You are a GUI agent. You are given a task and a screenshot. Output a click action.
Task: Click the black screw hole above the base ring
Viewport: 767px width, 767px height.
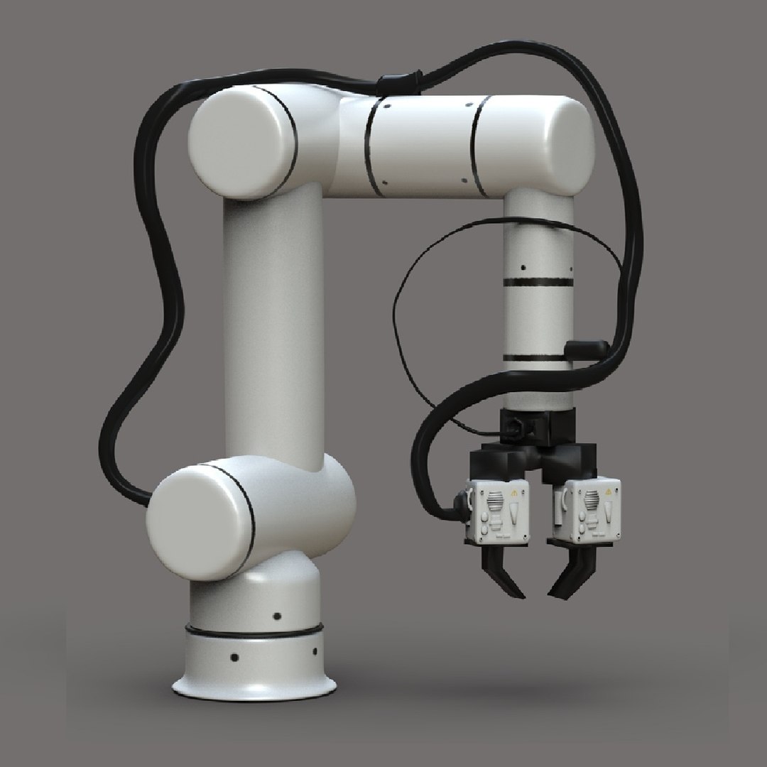[x=277, y=615]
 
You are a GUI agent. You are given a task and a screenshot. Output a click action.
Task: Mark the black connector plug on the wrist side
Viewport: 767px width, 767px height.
[x=587, y=347]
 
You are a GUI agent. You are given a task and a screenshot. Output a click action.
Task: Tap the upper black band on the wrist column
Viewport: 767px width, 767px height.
[x=537, y=282]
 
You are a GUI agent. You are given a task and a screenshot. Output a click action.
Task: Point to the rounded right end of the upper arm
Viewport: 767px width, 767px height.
[x=568, y=146]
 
